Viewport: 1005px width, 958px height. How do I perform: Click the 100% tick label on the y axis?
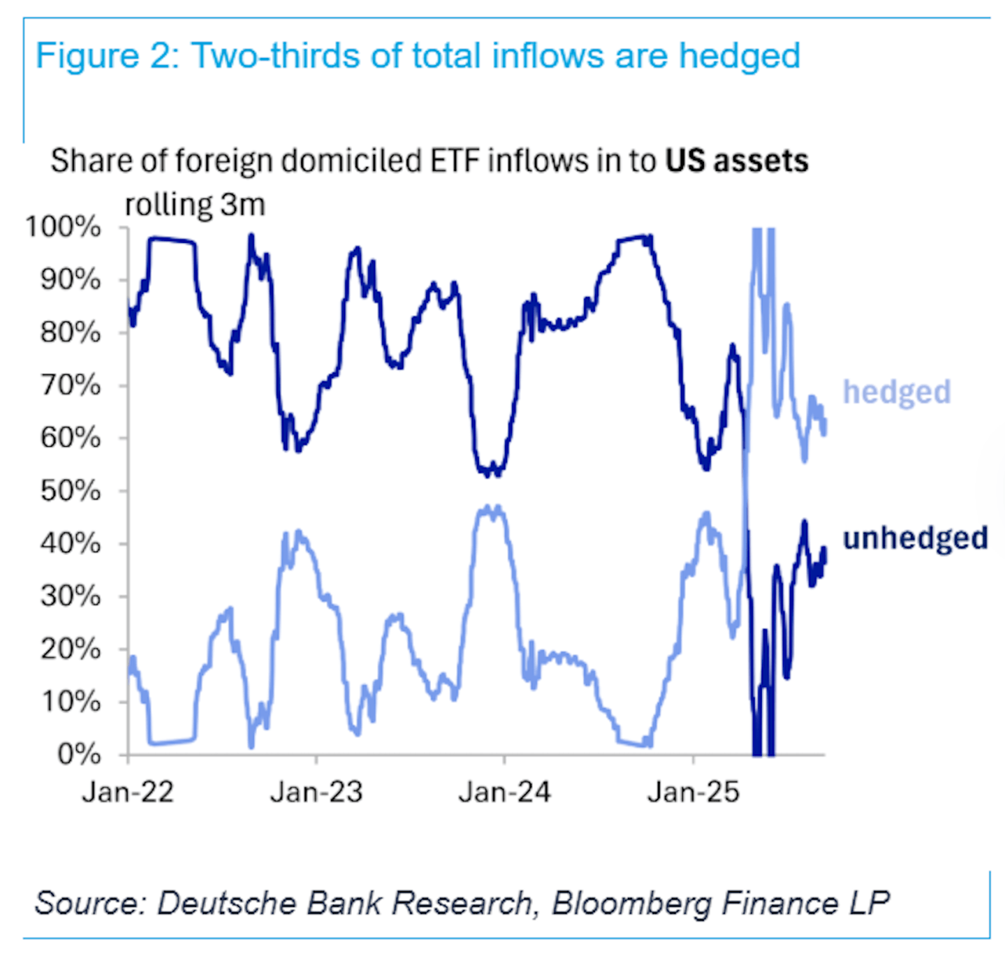64,227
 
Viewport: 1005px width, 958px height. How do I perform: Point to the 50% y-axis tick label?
71,491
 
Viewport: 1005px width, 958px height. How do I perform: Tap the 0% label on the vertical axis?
79,755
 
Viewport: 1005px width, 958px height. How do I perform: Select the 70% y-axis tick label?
71,385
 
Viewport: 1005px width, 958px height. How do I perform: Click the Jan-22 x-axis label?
128,793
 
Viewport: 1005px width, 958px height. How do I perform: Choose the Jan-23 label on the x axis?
316,793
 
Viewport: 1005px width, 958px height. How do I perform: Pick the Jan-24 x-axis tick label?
504,793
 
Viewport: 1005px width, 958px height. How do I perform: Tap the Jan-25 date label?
693,793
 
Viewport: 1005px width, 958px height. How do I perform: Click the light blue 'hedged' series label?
897,392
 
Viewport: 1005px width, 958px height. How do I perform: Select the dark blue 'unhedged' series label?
915,538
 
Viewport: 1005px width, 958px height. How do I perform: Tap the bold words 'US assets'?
736,161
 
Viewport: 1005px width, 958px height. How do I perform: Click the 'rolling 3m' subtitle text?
195,205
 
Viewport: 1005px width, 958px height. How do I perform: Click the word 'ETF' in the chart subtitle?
455,161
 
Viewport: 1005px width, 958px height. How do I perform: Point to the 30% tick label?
71,596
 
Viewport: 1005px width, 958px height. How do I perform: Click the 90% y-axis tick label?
71,280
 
